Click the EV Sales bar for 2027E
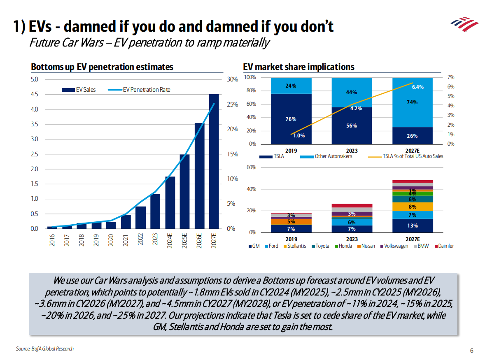click(214, 161)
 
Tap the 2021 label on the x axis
click(126, 240)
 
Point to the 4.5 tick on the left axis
click(34, 94)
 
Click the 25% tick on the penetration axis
click(232, 105)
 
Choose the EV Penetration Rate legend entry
click(146, 90)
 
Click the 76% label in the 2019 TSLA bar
click(291, 119)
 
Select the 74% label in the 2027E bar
click(412, 102)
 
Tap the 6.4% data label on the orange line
click(417, 87)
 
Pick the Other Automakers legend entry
click(333, 156)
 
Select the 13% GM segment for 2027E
click(412, 225)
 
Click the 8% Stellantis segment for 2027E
click(412, 207)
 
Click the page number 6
click(471, 351)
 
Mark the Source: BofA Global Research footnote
click(45, 349)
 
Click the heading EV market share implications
click(298, 67)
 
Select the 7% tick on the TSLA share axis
click(450, 77)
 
